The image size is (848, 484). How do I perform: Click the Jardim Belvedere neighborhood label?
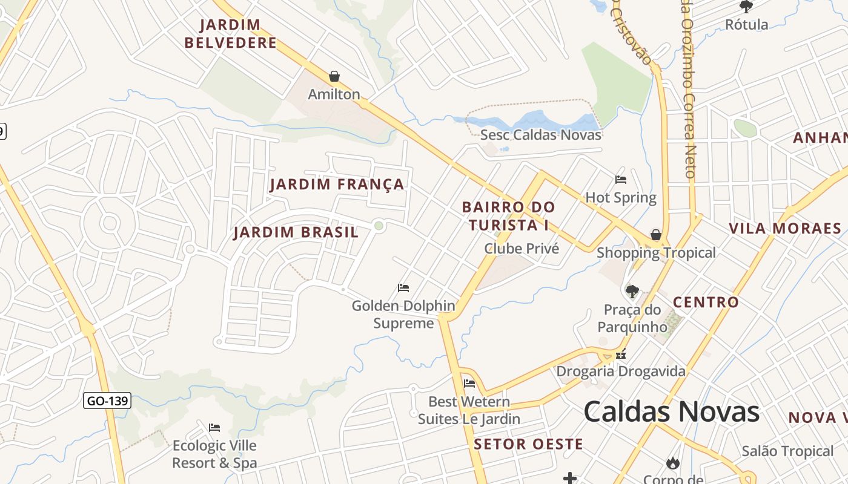(231, 34)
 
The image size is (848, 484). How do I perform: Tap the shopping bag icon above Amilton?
(334, 76)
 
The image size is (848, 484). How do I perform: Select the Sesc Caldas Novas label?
(540, 134)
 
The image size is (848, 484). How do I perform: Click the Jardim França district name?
(337, 185)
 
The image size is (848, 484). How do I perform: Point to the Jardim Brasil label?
(296, 232)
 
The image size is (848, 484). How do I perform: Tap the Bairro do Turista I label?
(508, 216)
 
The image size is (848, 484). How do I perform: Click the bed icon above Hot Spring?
(620, 180)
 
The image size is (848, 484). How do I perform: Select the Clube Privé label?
(521, 249)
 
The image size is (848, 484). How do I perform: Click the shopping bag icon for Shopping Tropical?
(655, 235)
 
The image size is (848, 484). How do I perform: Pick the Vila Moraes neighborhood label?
(784, 229)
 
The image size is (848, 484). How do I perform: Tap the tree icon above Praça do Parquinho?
(632, 292)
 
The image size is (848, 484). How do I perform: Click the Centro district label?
(706, 302)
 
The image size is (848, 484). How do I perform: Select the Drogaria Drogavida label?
(621, 371)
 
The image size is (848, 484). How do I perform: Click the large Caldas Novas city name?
(671, 412)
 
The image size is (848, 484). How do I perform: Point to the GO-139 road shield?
(107, 401)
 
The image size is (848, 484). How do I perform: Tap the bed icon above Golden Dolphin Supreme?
(403, 288)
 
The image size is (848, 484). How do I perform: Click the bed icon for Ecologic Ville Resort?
(214, 428)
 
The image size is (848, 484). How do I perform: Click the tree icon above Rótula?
(746, 7)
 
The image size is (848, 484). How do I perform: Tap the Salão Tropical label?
(787, 451)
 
